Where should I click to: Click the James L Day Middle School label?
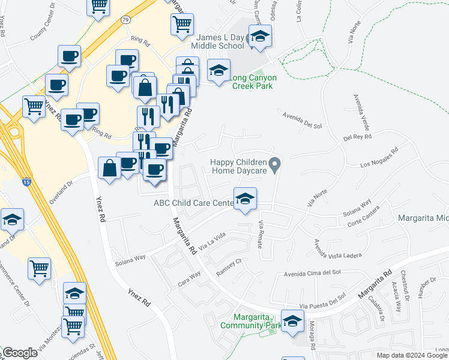click(218, 41)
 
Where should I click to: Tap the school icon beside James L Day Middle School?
click(260, 37)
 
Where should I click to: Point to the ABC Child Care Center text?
click(193, 203)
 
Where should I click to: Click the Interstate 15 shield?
click(26, 181)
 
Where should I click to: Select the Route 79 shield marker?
click(125, 20)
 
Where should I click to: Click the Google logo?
click(20, 353)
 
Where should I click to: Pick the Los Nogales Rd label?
click(379, 158)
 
